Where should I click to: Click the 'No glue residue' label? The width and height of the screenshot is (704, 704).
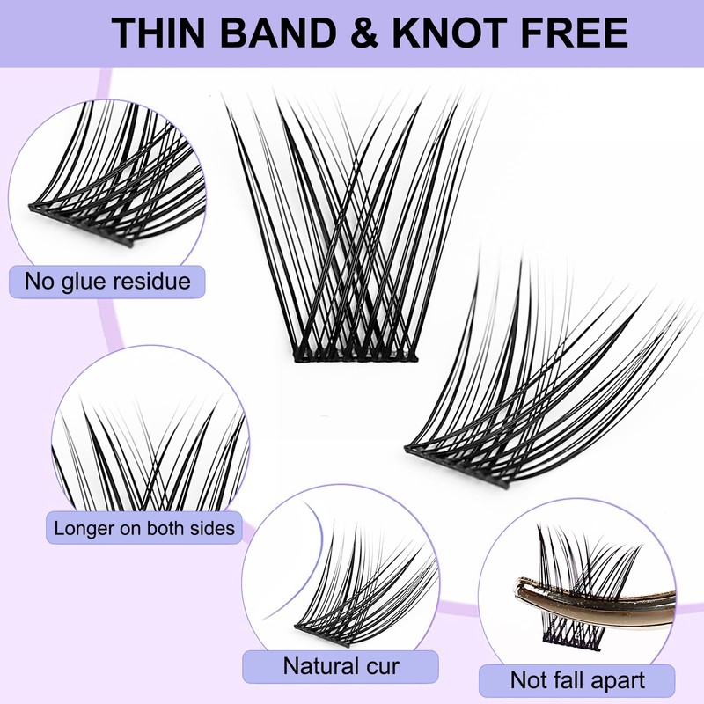(x=107, y=282)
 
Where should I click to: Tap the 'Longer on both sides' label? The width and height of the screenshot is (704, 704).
(x=144, y=529)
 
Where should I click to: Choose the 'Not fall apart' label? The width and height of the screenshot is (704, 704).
(x=577, y=679)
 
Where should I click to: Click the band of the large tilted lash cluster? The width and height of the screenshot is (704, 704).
(x=458, y=465)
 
